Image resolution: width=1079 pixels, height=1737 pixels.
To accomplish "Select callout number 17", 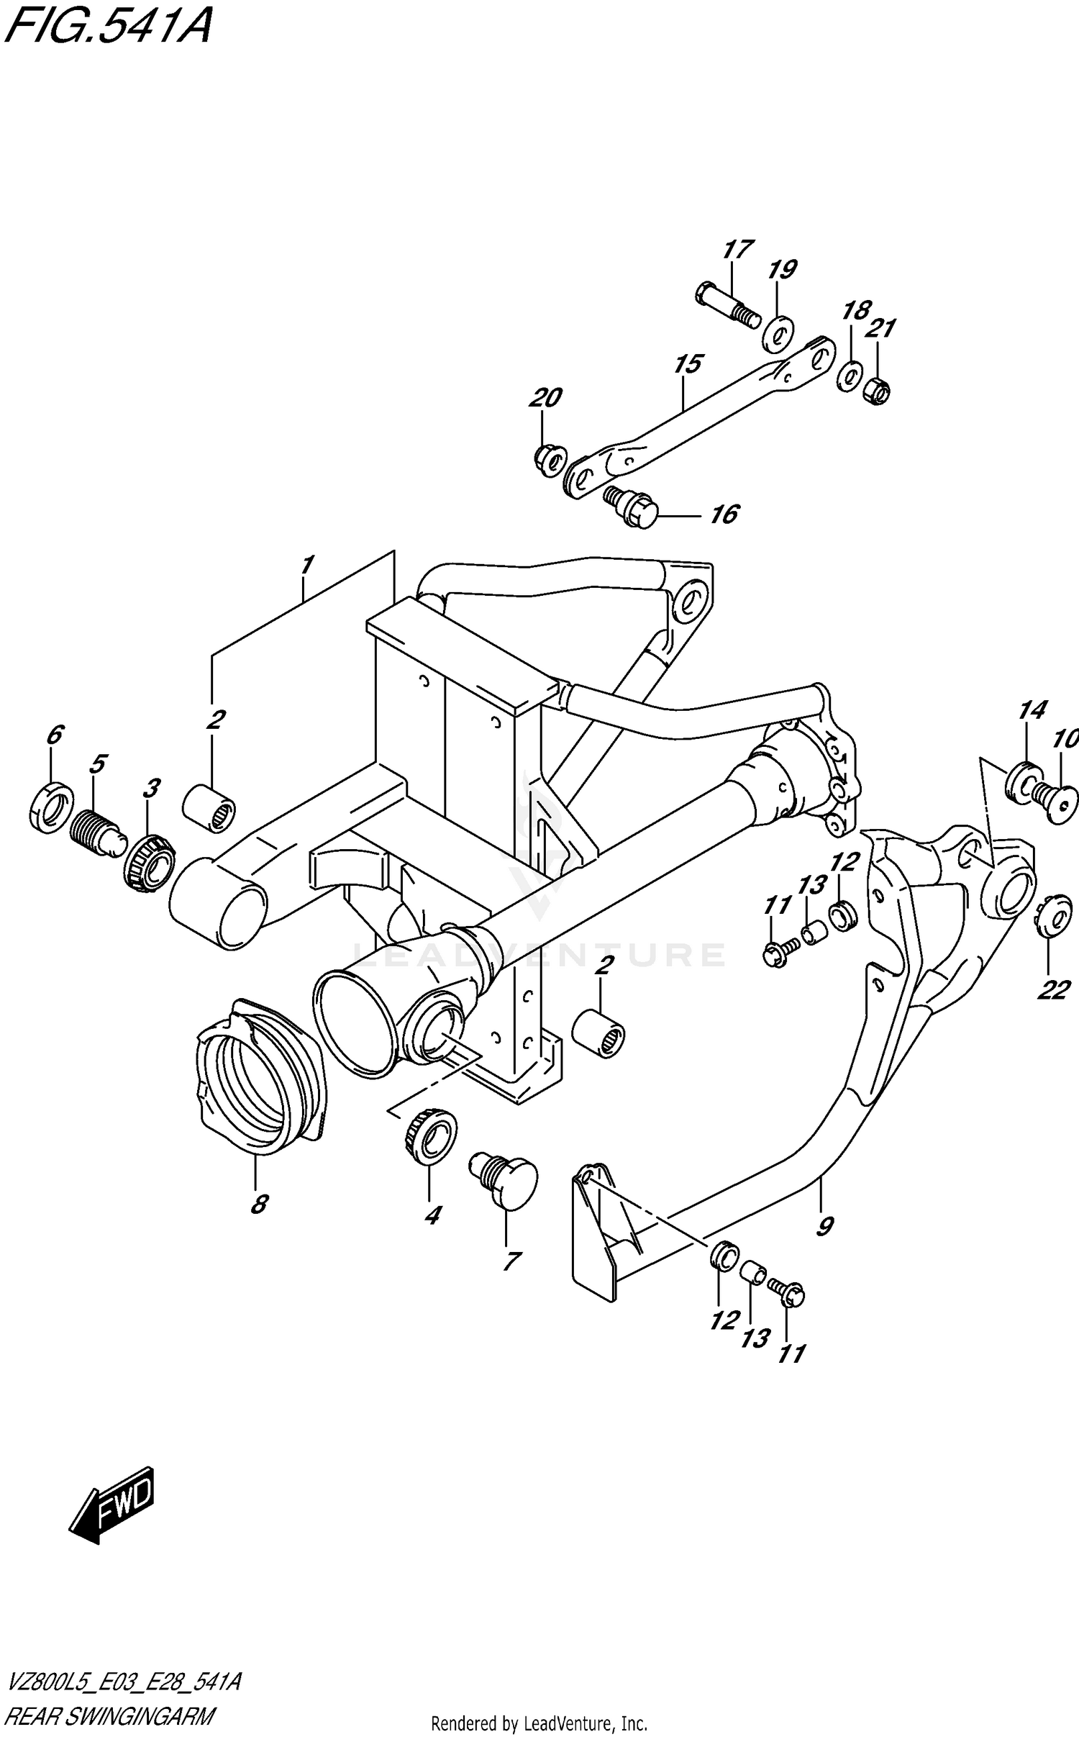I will tap(738, 250).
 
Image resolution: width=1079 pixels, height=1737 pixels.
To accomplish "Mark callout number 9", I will tap(824, 1225).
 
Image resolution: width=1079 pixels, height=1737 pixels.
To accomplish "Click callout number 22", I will tap(1053, 990).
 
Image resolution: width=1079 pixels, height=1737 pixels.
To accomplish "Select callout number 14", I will tap(1032, 711).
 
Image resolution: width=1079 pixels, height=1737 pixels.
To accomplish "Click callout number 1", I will tap(307, 566).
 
